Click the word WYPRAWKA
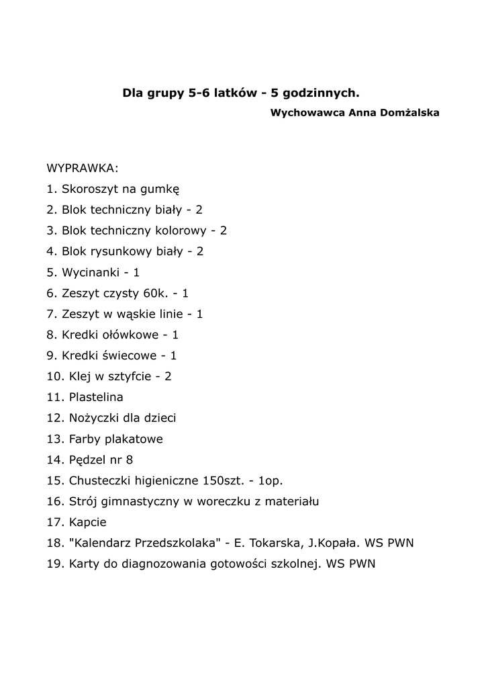click(82, 168)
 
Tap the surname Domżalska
click(409, 112)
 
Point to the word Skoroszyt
click(89, 189)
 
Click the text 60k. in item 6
click(158, 293)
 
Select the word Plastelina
click(96, 397)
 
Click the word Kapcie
click(88, 522)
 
